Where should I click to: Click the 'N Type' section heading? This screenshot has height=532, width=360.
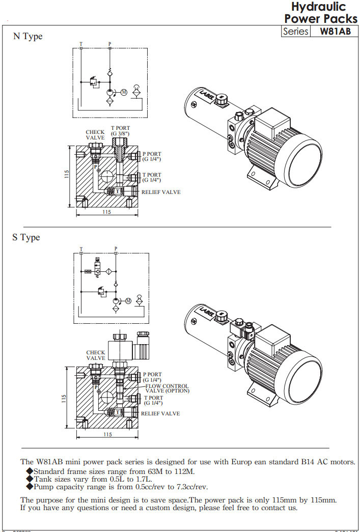[27, 36]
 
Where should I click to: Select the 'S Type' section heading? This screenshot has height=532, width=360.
[26, 237]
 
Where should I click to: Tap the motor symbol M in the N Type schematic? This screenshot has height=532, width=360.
[124, 92]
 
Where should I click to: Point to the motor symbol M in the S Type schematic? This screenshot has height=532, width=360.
[128, 300]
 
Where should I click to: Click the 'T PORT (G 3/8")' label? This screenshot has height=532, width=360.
[121, 130]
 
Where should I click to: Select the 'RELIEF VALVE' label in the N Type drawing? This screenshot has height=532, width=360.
[160, 192]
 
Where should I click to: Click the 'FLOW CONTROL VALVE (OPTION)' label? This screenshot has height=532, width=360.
[167, 388]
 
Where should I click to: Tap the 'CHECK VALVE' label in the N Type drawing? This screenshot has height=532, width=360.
[95, 135]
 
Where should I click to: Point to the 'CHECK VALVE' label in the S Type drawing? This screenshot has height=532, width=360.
[96, 355]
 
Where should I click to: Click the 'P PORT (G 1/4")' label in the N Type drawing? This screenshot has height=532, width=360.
[152, 156]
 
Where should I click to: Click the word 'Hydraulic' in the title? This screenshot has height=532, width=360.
[318, 7]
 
